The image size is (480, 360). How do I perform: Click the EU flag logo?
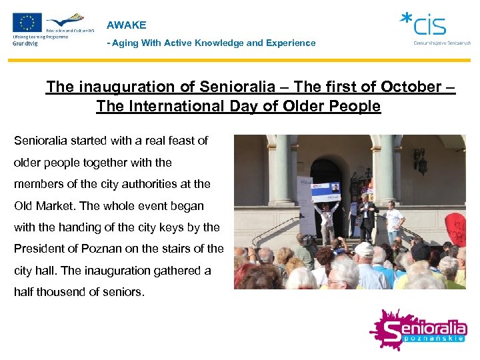coord(27,23)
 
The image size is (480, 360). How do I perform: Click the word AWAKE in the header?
coord(126,25)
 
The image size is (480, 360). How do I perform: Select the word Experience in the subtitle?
coord(289,43)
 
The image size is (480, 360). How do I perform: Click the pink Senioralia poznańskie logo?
coord(418,331)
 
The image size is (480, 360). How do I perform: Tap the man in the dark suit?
coord(366,217)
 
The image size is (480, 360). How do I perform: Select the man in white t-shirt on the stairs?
coord(395,221)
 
